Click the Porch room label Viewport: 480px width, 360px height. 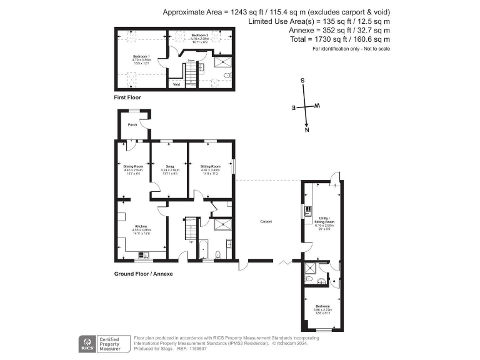point(132,125)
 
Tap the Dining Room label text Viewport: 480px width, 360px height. point(133,166)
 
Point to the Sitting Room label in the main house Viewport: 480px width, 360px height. point(210,166)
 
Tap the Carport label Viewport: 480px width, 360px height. point(267,222)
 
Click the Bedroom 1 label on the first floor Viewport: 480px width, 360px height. point(141,56)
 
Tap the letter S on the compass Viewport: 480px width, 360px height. point(302,81)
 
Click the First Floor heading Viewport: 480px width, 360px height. point(127,98)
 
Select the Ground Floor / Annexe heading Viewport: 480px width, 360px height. point(143,274)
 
